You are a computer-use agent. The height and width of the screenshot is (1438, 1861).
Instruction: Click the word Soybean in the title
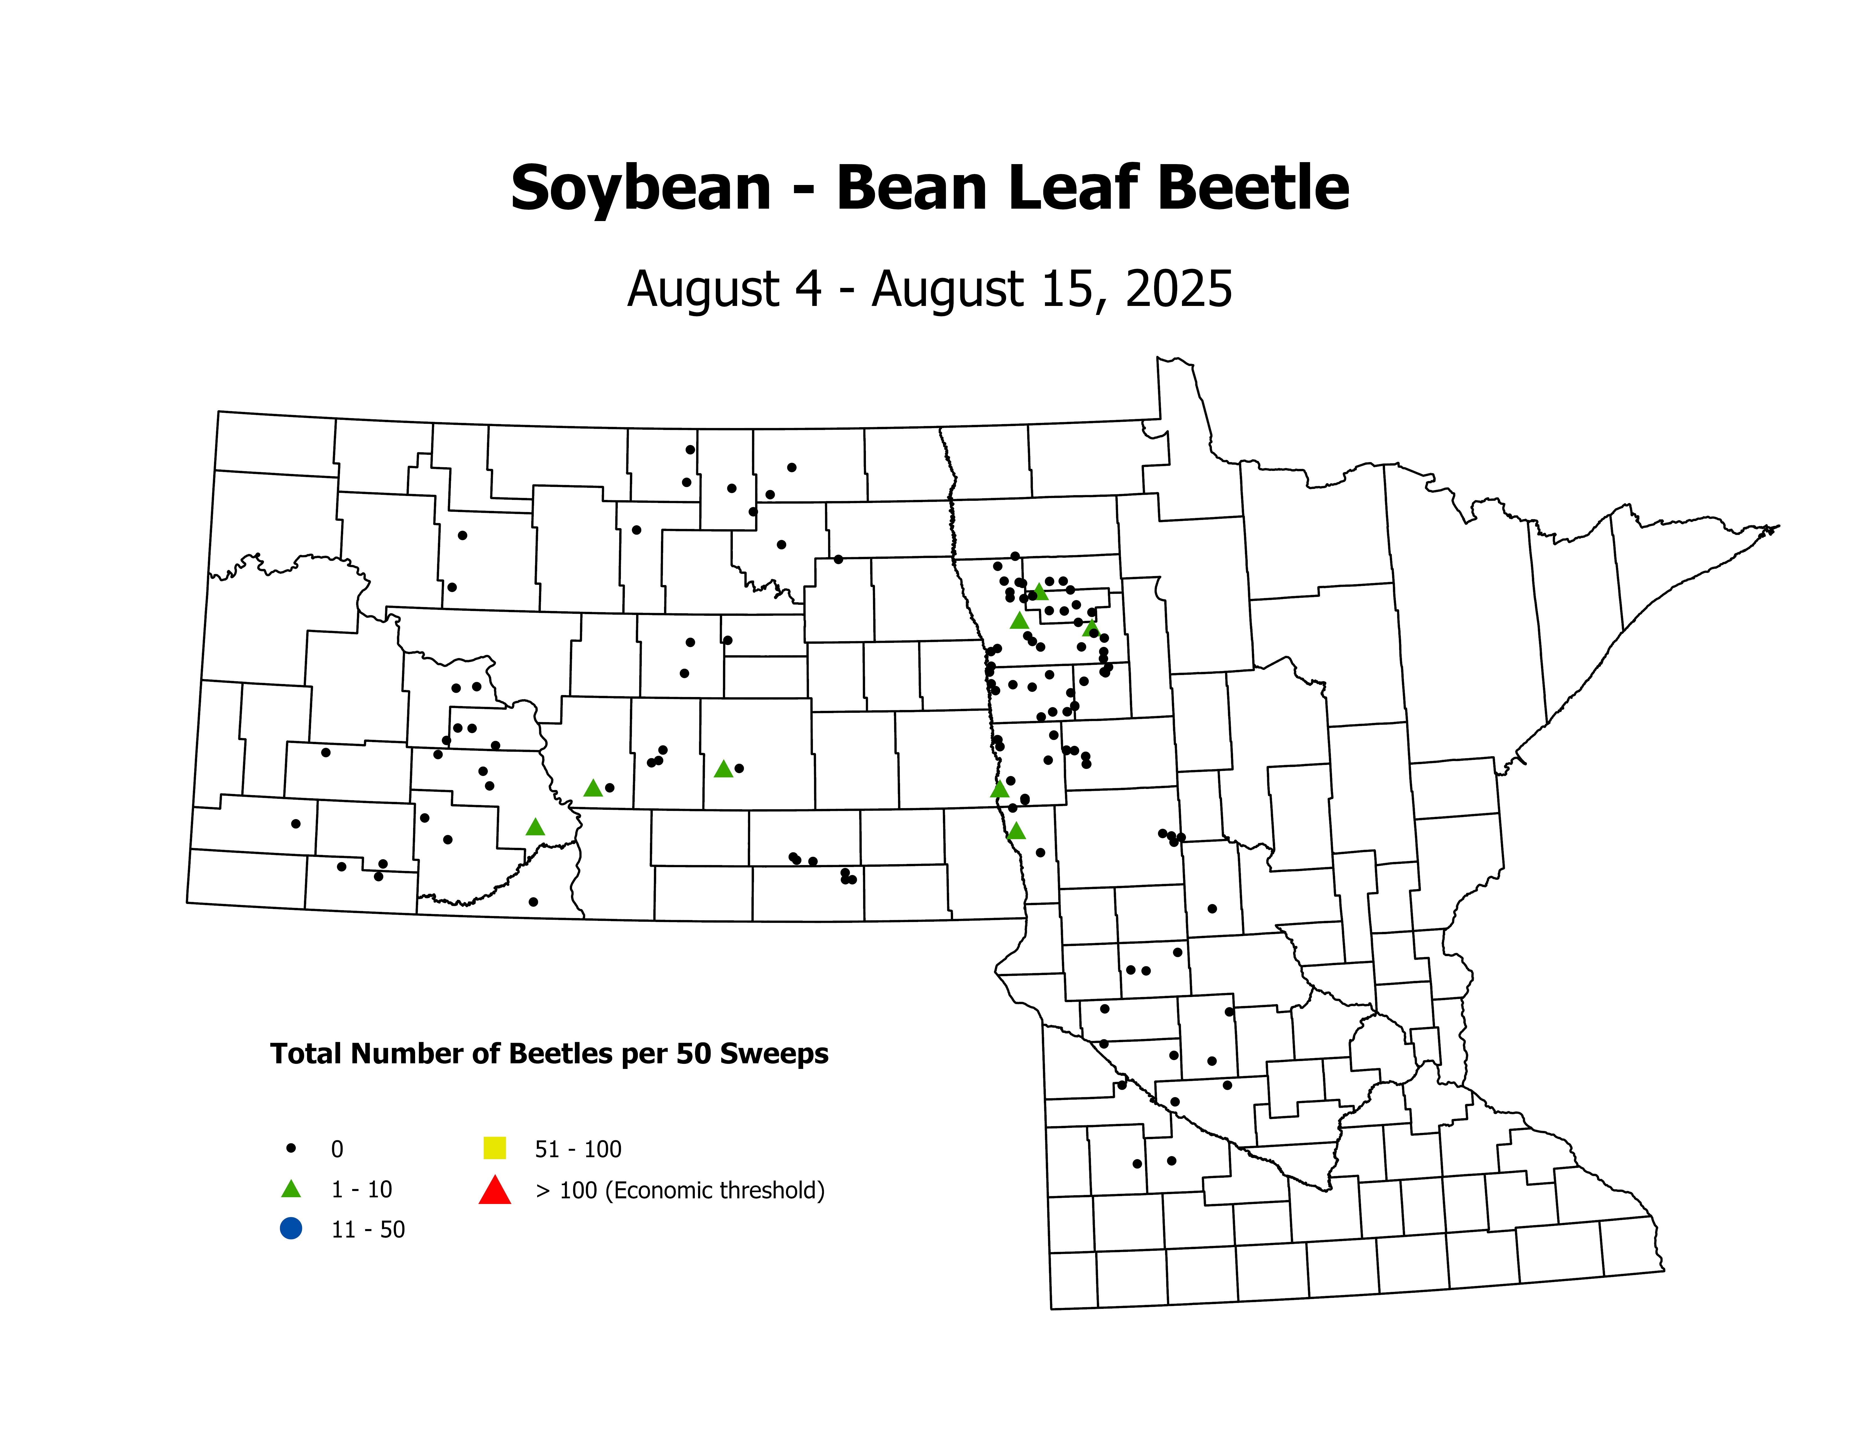point(641,189)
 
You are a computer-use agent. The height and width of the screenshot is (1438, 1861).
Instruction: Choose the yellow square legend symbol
point(494,1148)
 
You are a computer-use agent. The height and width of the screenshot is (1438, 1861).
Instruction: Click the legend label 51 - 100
point(578,1149)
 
